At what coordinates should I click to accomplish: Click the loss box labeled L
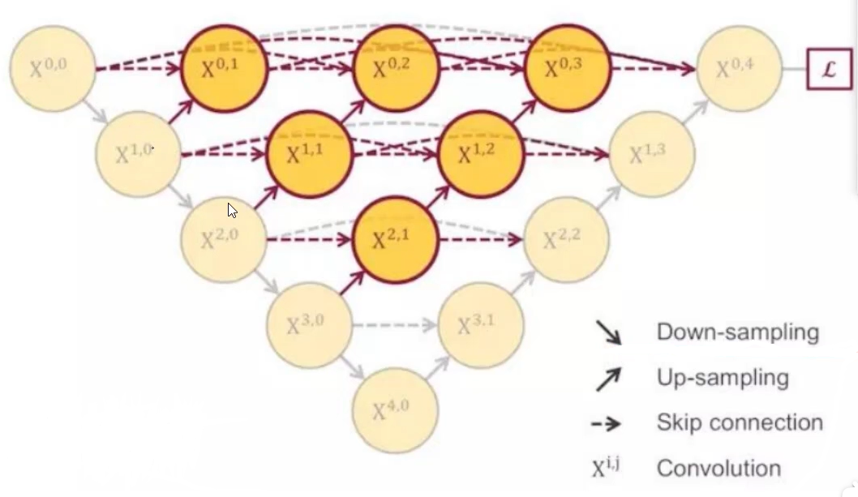829,69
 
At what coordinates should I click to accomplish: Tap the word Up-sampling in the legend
722,377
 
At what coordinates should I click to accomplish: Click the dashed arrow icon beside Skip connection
608,423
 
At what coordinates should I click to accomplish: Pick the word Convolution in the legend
719,469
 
